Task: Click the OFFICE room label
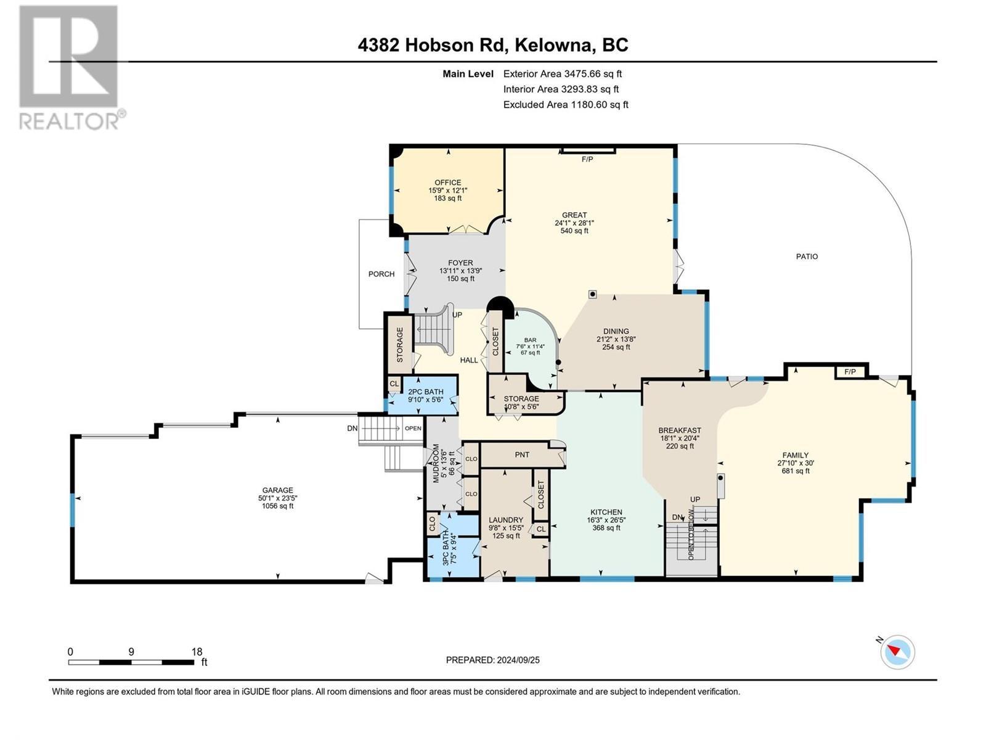pyautogui.click(x=447, y=183)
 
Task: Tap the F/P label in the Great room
pyautogui.click(x=587, y=160)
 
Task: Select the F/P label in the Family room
pyautogui.click(x=850, y=372)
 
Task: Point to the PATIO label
pyautogui.click(x=807, y=257)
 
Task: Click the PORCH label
pyautogui.click(x=381, y=274)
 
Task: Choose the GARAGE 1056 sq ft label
pyautogui.click(x=277, y=498)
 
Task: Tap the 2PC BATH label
pyautogui.click(x=425, y=392)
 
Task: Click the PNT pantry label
pyautogui.click(x=522, y=454)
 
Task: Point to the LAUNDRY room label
pyautogui.click(x=506, y=520)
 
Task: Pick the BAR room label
pyautogui.click(x=530, y=340)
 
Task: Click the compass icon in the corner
pyautogui.click(x=897, y=652)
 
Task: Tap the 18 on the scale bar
pyautogui.click(x=197, y=652)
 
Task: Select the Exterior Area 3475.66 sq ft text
pyautogui.click(x=562, y=73)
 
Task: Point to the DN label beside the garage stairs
pyautogui.click(x=352, y=428)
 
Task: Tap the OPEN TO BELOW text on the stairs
pyautogui.click(x=691, y=534)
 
